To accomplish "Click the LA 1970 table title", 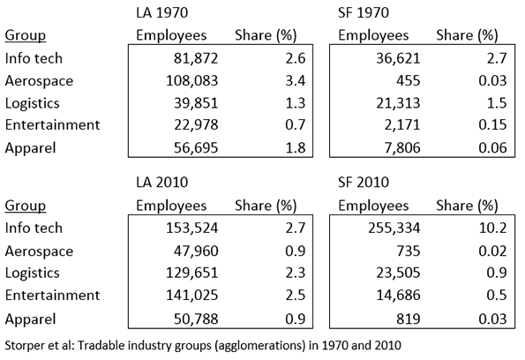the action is [162, 12].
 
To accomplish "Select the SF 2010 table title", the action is [364, 183].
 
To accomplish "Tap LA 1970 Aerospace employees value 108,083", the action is [192, 80].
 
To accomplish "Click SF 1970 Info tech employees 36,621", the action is [398, 58].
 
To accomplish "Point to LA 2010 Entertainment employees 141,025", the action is [192, 296].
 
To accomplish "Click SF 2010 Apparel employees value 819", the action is [409, 319].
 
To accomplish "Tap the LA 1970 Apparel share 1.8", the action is [296, 147].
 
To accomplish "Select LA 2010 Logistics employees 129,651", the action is [192, 273].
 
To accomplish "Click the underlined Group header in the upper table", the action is [26, 35].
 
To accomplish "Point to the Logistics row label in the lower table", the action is [32, 273].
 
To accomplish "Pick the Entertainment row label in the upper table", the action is [52, 125].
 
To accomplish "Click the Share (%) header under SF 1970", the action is [467, 35].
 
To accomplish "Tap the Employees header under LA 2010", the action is [171, 206].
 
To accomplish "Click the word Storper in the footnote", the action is [22, 345].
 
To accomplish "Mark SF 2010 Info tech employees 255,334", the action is [394, 228].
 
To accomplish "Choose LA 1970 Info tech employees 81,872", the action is [196, 58].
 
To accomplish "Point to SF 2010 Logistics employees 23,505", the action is [398, 273].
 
